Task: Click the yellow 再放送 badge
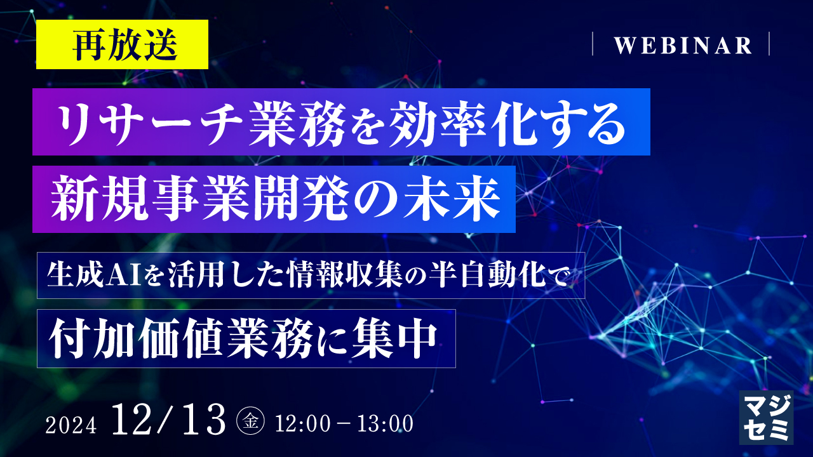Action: pos(122,44)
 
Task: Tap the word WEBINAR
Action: pos(683,45)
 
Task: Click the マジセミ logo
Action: pos(766,416)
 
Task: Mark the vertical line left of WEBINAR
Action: pos(592,44)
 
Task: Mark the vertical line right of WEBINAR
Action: pos(769,44)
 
